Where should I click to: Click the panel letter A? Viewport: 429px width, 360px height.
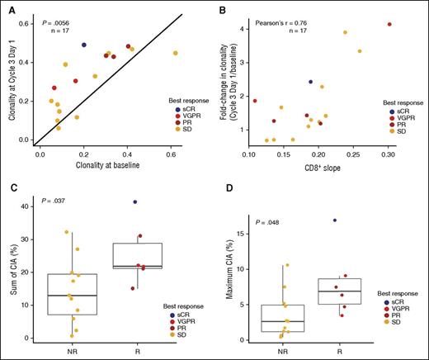8,7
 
